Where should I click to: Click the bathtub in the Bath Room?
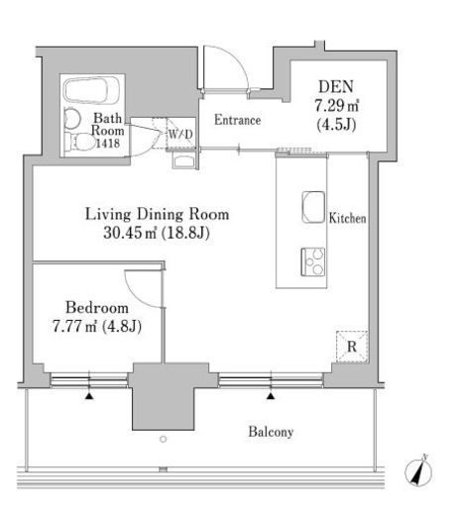(91, 90)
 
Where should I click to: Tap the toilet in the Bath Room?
(80, 143)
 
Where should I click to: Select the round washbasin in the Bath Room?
(72, 119)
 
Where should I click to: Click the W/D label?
(180, 135)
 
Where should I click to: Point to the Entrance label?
(237, 120)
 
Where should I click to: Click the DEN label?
(336, 86)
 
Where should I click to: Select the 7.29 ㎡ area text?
(337, 106)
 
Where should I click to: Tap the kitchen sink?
(313, 207)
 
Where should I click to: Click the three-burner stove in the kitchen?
(312, 262)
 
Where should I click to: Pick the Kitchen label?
(347, 218)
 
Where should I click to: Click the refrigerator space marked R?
(352, 347)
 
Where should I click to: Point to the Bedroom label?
(97, 308)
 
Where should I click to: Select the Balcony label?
(271, 432)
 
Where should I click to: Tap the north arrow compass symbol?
(418, 471)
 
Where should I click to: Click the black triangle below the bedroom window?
(89, 396)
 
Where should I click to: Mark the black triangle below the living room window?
(271, 396)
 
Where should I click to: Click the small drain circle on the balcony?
(163, 439)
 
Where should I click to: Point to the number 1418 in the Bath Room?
(108, 143)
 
